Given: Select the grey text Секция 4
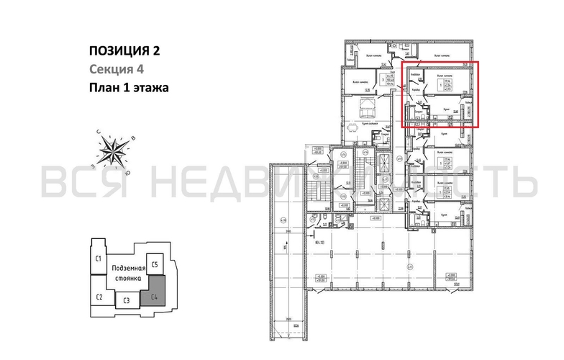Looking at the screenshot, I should point(117,69).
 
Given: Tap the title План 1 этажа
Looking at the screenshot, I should point(128,89).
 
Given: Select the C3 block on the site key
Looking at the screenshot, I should point(126,300).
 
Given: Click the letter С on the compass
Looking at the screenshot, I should point(98,132).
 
